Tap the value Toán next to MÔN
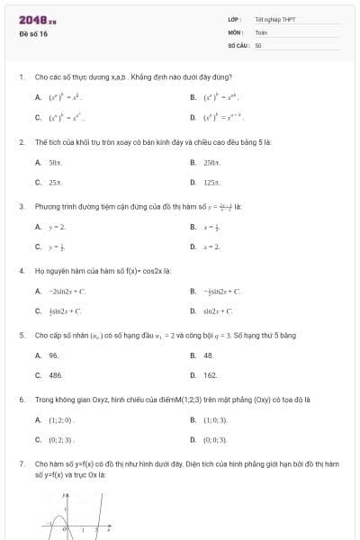click(261, 31)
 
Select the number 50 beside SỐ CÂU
click(258, 44)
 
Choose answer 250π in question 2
click(211, 162)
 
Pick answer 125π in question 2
click(211, 182)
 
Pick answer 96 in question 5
click(54, 355)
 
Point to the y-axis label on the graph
click(64, 495)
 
